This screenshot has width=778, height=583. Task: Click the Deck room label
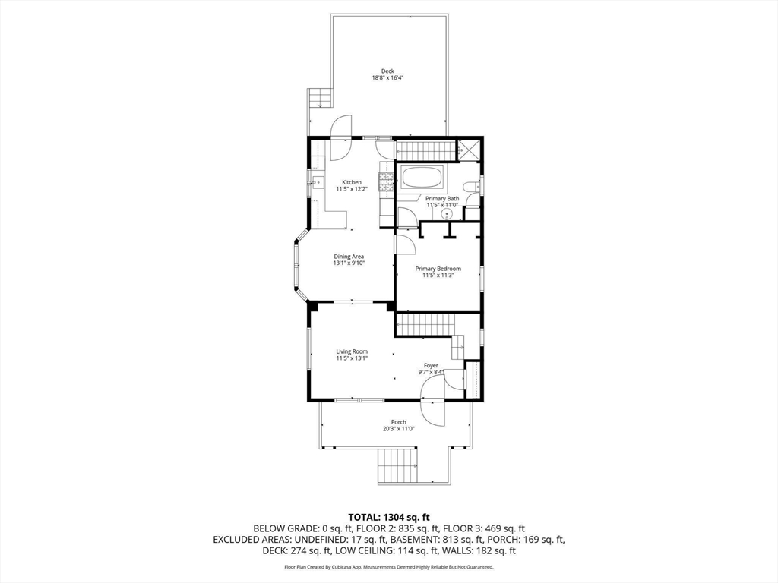(x=387, y=71)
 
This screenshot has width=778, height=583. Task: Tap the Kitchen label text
(x=352, y=182)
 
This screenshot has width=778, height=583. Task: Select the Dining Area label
(x=349, y=257)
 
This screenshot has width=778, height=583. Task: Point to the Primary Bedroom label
(x=438, y=269)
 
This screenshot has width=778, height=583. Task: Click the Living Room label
(x=352, y=352)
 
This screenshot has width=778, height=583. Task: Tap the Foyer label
(x=431, y=366)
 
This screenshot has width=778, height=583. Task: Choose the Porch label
(x=398, y=422)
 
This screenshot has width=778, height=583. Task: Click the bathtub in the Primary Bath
(x=422, y=178)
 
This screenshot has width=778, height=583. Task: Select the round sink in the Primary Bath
(x=448, y=214)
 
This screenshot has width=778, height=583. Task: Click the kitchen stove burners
(x=386, y=181)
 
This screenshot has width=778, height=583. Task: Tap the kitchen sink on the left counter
(x=317, y=183)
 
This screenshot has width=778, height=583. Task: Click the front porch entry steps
(x=398, y=466)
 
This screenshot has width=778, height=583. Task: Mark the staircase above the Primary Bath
(x=425, y=151)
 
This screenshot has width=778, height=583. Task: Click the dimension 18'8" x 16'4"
(x=387, y=78)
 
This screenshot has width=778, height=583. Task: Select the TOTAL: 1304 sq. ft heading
(x=389, y=518)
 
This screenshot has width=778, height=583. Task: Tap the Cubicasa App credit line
(x=389, y=566)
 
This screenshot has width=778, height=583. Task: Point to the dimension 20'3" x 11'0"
(x=398, y=429)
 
